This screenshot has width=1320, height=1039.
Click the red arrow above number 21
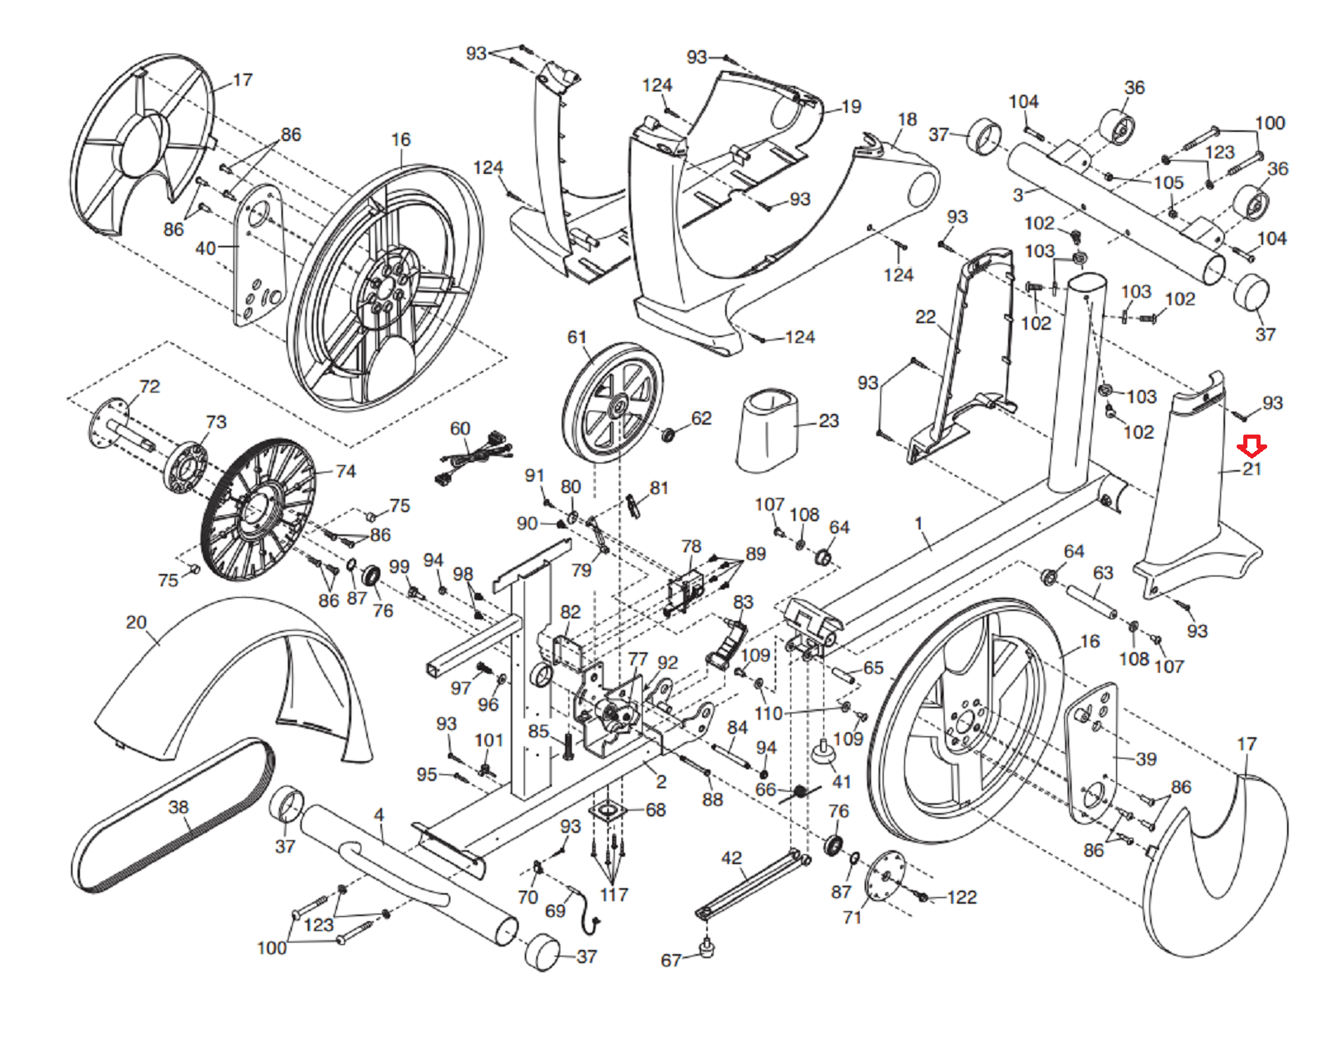pos(1252,448)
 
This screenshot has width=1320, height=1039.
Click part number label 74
pos(346,471)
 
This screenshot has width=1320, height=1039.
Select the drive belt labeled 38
pos(173,816)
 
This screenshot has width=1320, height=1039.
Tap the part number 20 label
pos(136,623)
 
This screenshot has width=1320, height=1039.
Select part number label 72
pos(149,386)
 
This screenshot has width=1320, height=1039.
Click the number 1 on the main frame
pos(918,523)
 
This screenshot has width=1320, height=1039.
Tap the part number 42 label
pos(731,858)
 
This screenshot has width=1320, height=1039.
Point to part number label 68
pos(656,810)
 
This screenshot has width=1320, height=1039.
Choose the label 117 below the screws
pos(613,895)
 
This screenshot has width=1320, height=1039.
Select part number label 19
pos(851,106)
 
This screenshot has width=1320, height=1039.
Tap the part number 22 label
pos(926,317)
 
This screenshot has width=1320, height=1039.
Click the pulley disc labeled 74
pos(257,510)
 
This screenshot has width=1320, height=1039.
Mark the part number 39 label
pos(1146,759)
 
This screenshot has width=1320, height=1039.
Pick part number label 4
pos(379,815)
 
